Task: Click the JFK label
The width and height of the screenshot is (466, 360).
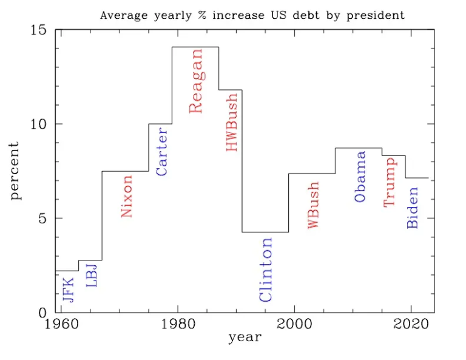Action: pos(68,290)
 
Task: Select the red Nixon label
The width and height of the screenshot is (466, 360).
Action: pos(126,196)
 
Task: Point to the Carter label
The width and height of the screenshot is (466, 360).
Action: pos(161,151)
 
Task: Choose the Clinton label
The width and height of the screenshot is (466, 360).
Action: pos(265,270)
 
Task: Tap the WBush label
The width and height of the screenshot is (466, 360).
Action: pos(313,205)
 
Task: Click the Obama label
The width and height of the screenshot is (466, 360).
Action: pos(360,177)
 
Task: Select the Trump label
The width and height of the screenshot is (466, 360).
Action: pos(390,181)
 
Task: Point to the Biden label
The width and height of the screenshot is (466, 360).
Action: pos(413,207)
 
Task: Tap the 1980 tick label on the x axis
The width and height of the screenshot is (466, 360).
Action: pos(177,323)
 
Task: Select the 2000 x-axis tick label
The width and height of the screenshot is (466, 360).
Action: pos(294,323)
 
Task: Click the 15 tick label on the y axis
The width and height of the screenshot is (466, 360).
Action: pos(38,30)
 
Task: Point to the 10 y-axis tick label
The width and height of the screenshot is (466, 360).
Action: pos(38,124)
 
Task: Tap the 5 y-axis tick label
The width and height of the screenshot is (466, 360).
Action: pos(42,218)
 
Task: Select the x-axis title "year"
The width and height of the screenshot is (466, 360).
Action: pos(245,338)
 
